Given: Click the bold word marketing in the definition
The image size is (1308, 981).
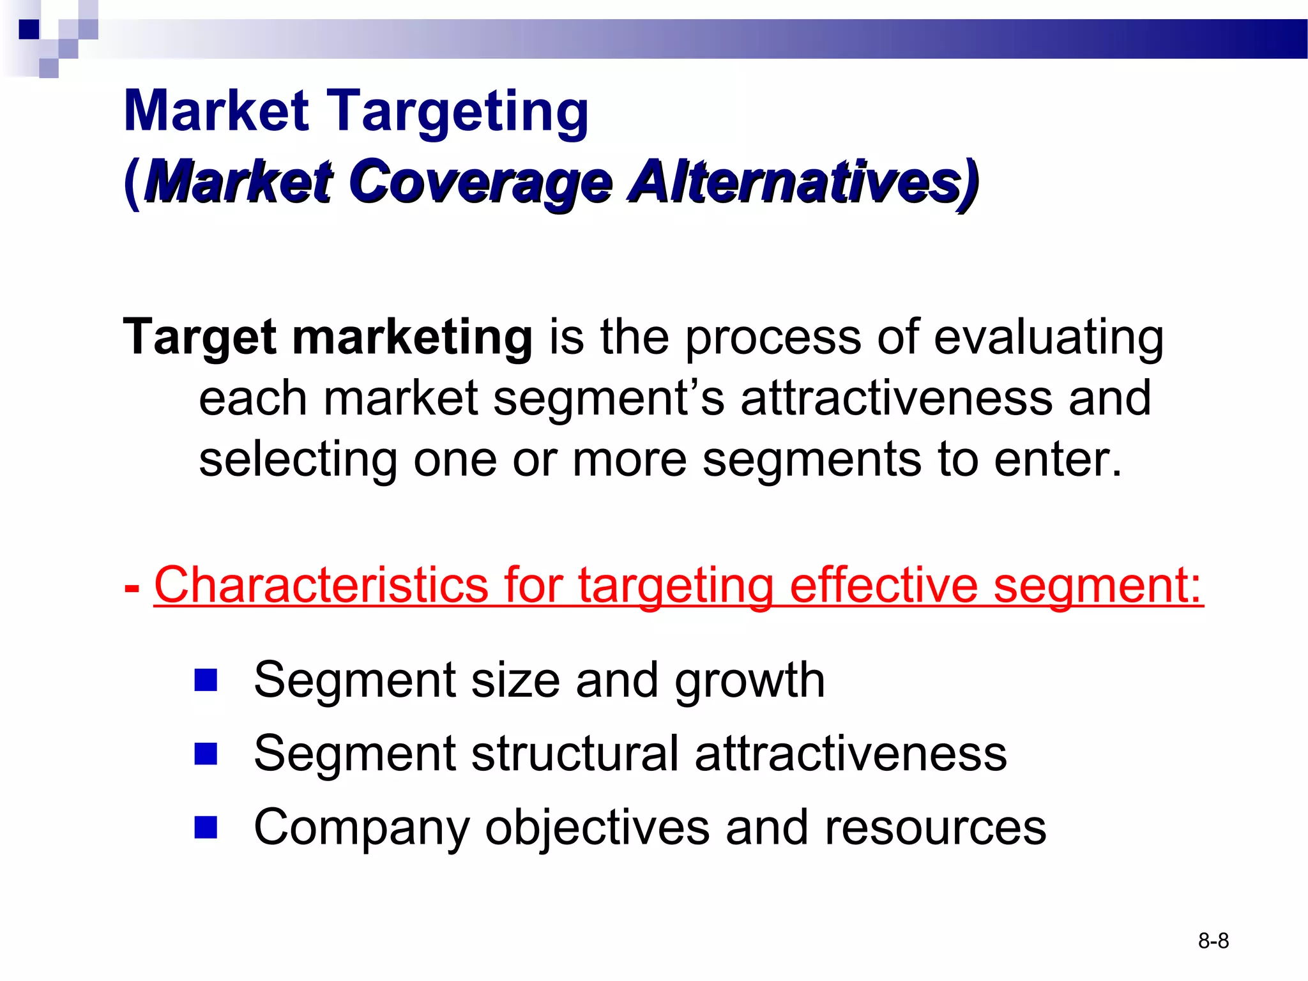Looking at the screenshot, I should tap(412, 337).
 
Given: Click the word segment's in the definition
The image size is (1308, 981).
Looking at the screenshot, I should tap(609, 398).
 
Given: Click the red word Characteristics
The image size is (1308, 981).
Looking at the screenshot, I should tap(321, 585).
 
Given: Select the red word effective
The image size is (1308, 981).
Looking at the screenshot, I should tap(884, 585).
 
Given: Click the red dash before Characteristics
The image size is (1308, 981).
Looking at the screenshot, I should tap(132, 588).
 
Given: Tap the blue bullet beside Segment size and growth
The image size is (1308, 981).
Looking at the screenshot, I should tap(206, 680).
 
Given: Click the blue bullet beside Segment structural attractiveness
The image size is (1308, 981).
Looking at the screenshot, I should tap(206, 754).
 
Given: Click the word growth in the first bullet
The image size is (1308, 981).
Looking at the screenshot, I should tap(750, 681).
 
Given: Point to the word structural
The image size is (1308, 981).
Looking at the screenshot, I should tap(575, 754).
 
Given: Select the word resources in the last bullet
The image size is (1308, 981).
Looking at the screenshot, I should tap(935, 828).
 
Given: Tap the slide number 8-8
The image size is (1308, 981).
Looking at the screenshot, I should tap(1213, 941).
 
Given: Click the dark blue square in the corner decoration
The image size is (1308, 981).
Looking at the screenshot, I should tap(29, 29).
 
